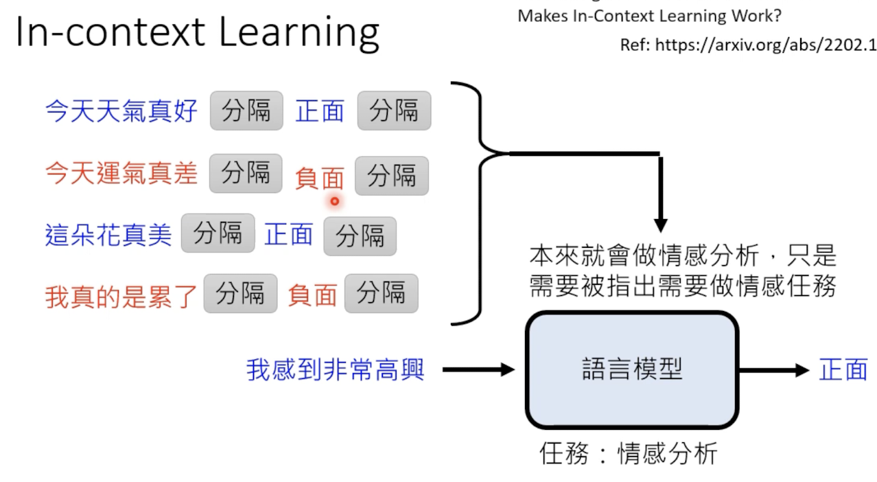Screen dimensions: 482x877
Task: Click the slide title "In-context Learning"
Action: pyautogui.click(x=198, y=32)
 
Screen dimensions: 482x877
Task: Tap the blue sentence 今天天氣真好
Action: pyautogui.click(x=121, y=111)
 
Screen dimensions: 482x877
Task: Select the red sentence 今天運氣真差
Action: pyautogui.click(x=121, y=173)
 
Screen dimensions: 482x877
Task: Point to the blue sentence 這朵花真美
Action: pyautogui.click(x=108, y=235)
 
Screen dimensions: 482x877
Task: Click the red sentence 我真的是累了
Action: pyautogui.click(x=121, y=296)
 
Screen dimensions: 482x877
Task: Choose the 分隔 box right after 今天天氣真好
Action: pyautogui.click(x=246, y=110)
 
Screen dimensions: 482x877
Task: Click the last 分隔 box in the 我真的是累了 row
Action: pyautogui.click(x=381, y=293)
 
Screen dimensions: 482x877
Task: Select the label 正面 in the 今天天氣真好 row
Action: pyautogui.click(x=320, y=111)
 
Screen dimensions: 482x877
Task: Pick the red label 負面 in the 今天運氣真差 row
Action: pyautogui.click(x=320, y=179)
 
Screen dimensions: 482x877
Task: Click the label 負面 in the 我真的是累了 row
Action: pyautogui.click(x=312, y=295)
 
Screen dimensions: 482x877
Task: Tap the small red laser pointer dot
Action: pyautogui.click(x=335, y=201)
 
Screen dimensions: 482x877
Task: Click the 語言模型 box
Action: pyautogui.click(x=632, y=369)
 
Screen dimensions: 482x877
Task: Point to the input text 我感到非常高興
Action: pyautogui.click(x=336, y=370)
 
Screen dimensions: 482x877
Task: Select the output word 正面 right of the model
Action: pyautogui.click(x=843, y=370)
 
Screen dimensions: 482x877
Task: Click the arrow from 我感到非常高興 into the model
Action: pyautogui.click(x=478, y=370)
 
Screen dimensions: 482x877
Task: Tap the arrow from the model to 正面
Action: pyautogui.click(x=774, y=370)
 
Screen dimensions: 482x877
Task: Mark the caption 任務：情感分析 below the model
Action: pyautogui.click(x=629, y=453)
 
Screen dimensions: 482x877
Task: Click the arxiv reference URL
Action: pyautogui.click(x=748, y=45)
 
